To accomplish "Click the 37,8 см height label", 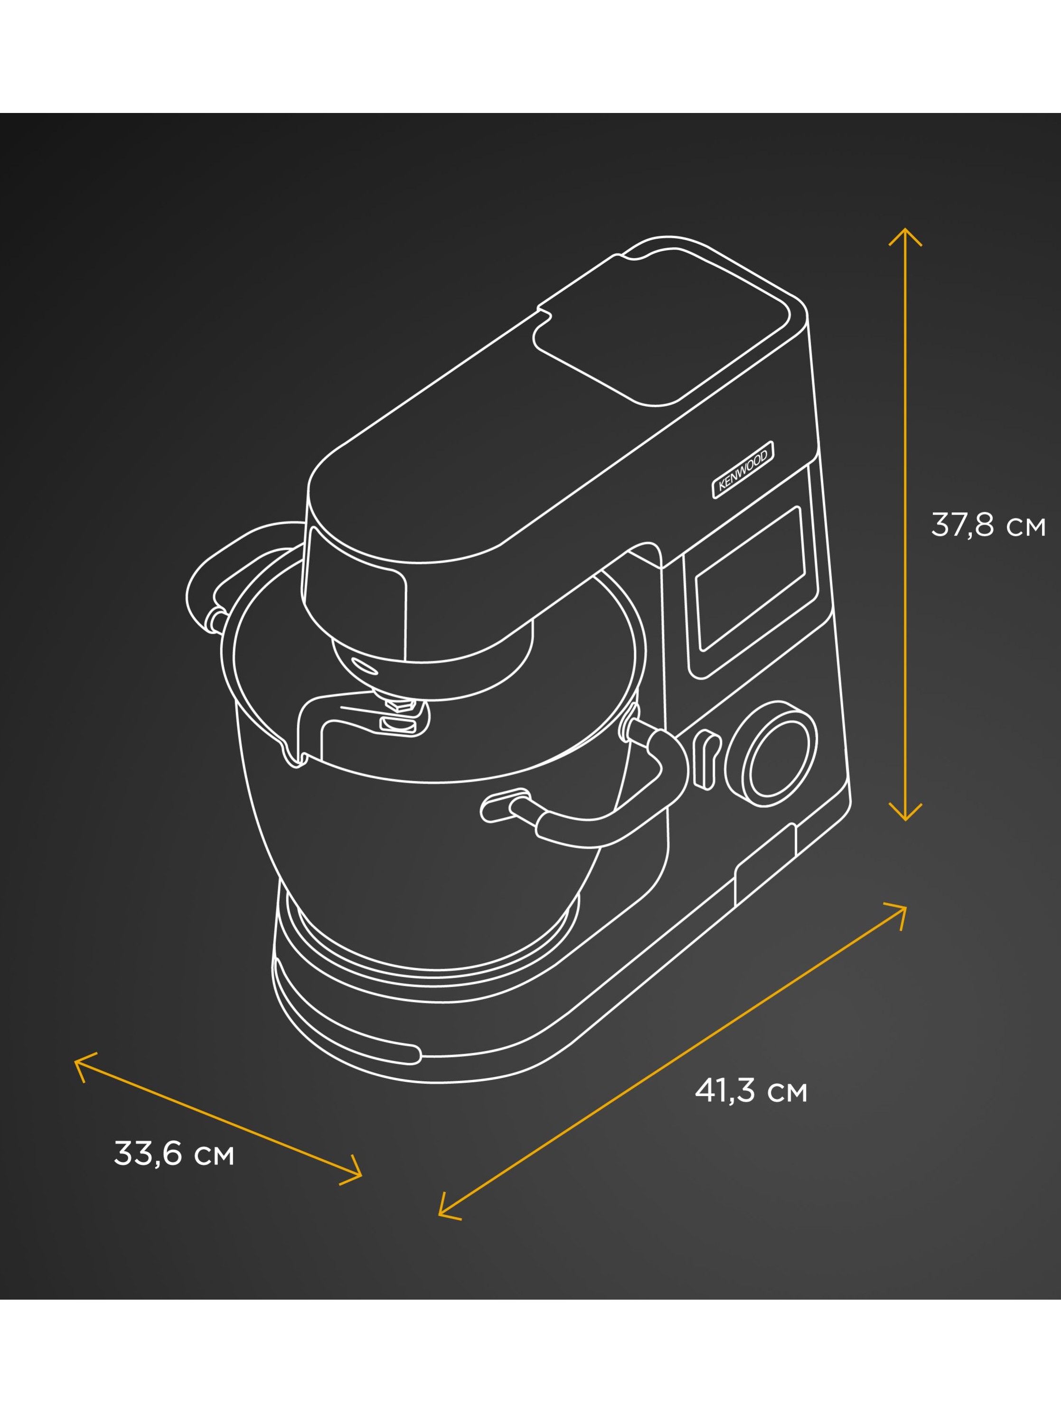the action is point(988,525).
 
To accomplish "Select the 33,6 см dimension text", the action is point(174,1153).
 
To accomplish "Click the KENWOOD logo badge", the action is point(743,469).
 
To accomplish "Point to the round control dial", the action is point(771,754).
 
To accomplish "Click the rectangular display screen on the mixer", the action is point(750,579).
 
